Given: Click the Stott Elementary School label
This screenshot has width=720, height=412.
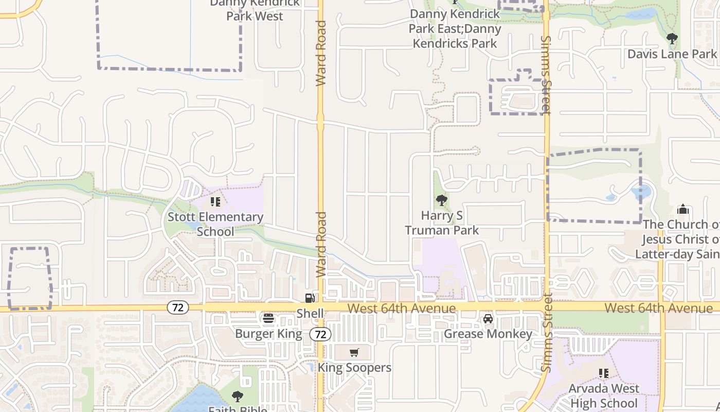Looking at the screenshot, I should [x=215, y=224].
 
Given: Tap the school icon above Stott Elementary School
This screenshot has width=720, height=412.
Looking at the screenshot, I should [x=215, y=201].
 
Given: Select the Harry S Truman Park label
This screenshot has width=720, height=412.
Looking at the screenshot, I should [x=442, y=222].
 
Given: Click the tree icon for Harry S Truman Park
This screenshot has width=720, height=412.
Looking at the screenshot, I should [x=441, y=200].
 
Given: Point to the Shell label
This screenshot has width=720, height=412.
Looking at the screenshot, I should [x=310, y=313].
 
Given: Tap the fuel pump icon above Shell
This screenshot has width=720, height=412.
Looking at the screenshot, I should [x=310, y=298].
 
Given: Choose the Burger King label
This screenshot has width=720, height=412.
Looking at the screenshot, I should [x=268, y=334].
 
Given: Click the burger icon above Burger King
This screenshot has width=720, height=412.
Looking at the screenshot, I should [x=268, y=318].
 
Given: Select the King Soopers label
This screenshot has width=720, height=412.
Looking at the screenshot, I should [x=354, y=368].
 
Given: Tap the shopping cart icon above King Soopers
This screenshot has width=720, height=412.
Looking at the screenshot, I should [x=354, y=353].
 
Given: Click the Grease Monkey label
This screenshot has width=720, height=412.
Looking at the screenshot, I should [x=488, y=334].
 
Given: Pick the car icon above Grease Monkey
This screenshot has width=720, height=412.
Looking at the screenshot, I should [x=488, y=319].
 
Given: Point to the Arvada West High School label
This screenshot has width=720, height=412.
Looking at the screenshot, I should [x=604, y=396].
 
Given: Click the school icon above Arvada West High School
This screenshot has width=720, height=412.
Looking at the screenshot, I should [x=604, y=373].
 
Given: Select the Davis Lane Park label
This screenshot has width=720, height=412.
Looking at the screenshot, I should [x=672, y=54].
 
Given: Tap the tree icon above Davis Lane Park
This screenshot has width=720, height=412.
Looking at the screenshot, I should [x=672, y=38].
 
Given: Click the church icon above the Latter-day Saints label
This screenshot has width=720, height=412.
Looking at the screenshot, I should [x=683, y=209].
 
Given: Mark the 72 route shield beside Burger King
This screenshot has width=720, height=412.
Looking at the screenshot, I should [x=320, y=334].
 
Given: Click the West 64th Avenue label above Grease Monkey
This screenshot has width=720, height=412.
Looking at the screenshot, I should [x=401, y=308].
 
